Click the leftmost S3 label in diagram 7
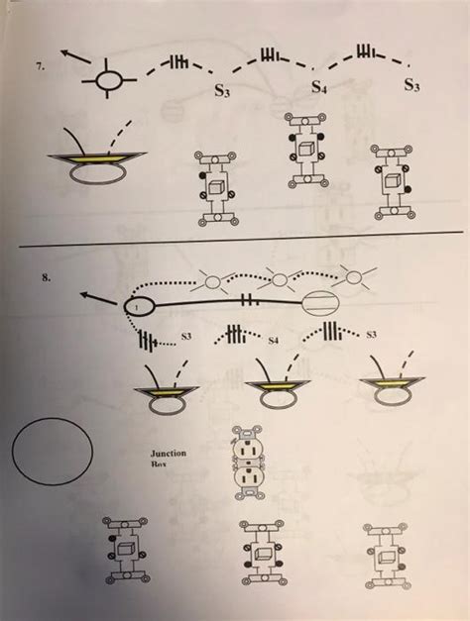(225, 93)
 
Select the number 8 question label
(47, 279)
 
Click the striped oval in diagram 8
(323, 308)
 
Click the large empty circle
(53, 452)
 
